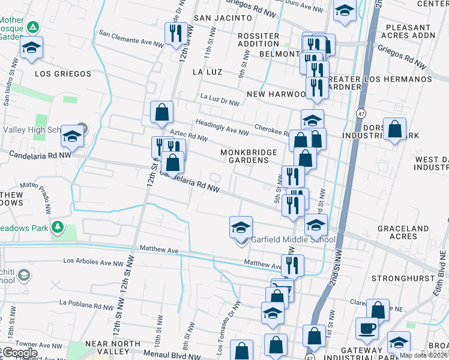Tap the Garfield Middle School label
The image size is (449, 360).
pos(293,240)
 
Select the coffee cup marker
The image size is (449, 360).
pos(367,328)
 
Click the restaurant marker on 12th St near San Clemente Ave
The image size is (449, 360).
pos(176,33)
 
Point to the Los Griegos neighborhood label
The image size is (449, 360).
pos(63,74)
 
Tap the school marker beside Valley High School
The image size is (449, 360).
pos(72,137)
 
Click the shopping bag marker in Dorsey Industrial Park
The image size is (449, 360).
pos(394,129)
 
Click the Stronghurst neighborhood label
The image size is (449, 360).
pos(402,278)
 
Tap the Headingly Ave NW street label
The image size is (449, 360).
pos(221,128)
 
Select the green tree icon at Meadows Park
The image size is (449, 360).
pos(58,227)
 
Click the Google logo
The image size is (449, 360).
pos(19,353)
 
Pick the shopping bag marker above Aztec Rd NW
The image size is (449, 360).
pos(161,112)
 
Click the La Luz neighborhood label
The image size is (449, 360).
pos(207,72)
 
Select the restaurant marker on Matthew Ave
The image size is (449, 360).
pos(292,265)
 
